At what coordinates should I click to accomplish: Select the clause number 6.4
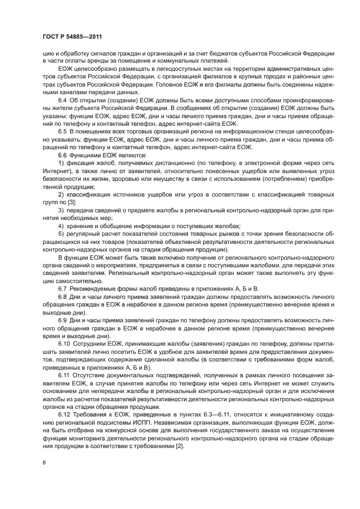[63, 101]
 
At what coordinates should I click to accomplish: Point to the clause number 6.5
[63, 132]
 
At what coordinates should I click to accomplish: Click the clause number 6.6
[63, 155]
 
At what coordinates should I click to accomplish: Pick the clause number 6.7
[63, 287]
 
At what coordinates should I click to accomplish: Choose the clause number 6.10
[64, 342]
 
